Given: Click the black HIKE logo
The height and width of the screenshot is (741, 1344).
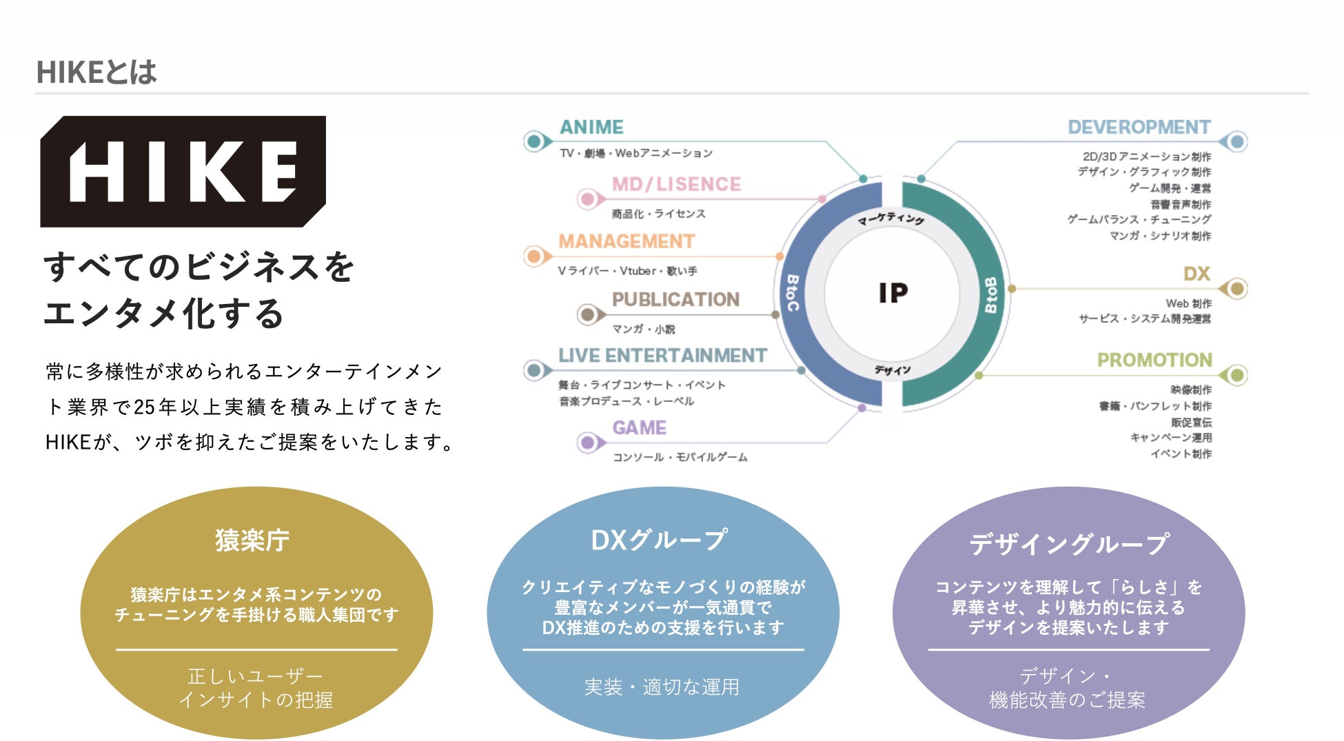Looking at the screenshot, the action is point(183,172).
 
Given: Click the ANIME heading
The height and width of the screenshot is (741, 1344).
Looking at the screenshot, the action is point(591,128).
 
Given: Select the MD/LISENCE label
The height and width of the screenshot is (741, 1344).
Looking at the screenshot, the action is point(676,185).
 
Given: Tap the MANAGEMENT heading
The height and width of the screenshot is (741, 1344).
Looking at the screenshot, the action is point(627,241).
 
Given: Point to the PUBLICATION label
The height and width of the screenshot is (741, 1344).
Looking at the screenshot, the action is point(675,299).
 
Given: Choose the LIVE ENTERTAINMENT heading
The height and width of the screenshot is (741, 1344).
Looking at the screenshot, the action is point(662,356).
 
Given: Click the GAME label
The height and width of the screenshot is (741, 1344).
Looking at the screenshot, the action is point(639,428).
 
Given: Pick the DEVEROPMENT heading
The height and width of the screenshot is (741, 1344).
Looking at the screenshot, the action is point(1139,128).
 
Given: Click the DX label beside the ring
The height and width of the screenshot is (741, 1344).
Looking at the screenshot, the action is point(1197,274).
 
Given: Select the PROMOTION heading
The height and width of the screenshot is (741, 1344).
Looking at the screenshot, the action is point(1154,360).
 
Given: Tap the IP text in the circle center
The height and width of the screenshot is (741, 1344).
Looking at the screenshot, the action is point(893,293).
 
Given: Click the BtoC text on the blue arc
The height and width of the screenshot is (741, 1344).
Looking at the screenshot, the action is point(793,293).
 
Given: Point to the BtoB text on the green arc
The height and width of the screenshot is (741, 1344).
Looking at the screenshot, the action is point(991,295).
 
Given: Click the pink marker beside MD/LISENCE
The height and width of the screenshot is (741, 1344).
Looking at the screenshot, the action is point(588,199).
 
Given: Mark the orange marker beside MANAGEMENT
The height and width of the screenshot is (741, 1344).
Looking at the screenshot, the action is point(534,256).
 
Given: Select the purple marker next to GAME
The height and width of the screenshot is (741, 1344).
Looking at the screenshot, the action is point(588,442).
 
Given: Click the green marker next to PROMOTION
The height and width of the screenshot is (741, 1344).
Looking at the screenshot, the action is point(1236,375).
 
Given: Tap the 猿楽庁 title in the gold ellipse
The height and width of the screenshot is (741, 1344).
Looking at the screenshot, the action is point(252,540).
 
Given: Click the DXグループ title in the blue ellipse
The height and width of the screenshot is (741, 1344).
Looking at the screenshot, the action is point(659,540).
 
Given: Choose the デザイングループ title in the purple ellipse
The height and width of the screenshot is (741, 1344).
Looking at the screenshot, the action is point(1068,544).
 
